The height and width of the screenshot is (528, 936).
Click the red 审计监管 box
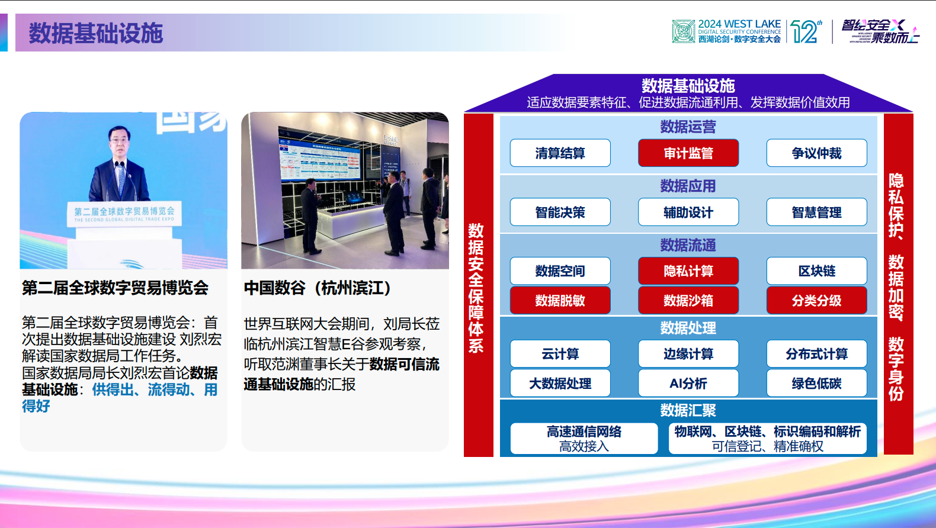[688, 153]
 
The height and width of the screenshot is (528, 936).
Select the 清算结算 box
[560, 153]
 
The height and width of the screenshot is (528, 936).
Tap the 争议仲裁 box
[816, 153]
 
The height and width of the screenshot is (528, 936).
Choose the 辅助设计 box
[688, 213]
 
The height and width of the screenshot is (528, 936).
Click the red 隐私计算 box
[688, 271]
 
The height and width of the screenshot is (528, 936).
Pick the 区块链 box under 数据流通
[816, 271]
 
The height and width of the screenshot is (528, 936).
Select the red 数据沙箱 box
[688, 301]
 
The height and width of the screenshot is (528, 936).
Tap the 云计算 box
[560, 354]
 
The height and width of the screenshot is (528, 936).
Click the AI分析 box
[688, 384]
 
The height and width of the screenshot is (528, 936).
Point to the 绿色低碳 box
[816, 384]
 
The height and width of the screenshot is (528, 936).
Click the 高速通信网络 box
[584, 439]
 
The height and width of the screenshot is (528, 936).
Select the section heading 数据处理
[688, 328]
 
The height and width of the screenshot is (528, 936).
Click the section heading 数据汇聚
[688, 410]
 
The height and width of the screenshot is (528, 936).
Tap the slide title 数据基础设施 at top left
[95, 33]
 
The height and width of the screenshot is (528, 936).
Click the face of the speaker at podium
[119, 141]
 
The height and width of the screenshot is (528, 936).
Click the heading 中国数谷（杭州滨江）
[318, 288]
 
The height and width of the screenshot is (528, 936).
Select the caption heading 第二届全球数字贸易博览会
[115, 288]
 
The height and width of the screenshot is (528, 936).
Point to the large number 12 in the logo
[804, 32]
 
